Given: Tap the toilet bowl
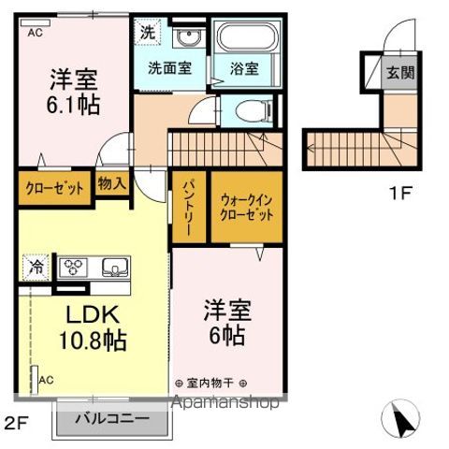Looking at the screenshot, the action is point(253,110).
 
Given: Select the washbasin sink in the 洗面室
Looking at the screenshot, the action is point(189,37).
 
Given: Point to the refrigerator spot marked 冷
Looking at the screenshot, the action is point(36,268).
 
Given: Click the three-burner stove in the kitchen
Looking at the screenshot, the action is point(74,267).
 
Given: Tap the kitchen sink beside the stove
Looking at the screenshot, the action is point(115,268).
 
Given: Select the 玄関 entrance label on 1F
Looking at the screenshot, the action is point(400,73).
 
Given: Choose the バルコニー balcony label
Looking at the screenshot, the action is point(113,418).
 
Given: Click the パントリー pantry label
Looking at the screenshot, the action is point(189,209).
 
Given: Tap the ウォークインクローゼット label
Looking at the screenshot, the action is point(247,208).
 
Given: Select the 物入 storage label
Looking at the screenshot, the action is point(112,183).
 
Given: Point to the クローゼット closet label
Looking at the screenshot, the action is point(55,188).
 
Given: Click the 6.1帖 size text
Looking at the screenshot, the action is point(74,105).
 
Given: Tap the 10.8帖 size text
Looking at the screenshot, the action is point(93,340).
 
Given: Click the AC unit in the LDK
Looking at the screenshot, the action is point(35,380).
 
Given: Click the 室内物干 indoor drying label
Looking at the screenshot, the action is point(210,383).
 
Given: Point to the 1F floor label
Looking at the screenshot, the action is point(400,194).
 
